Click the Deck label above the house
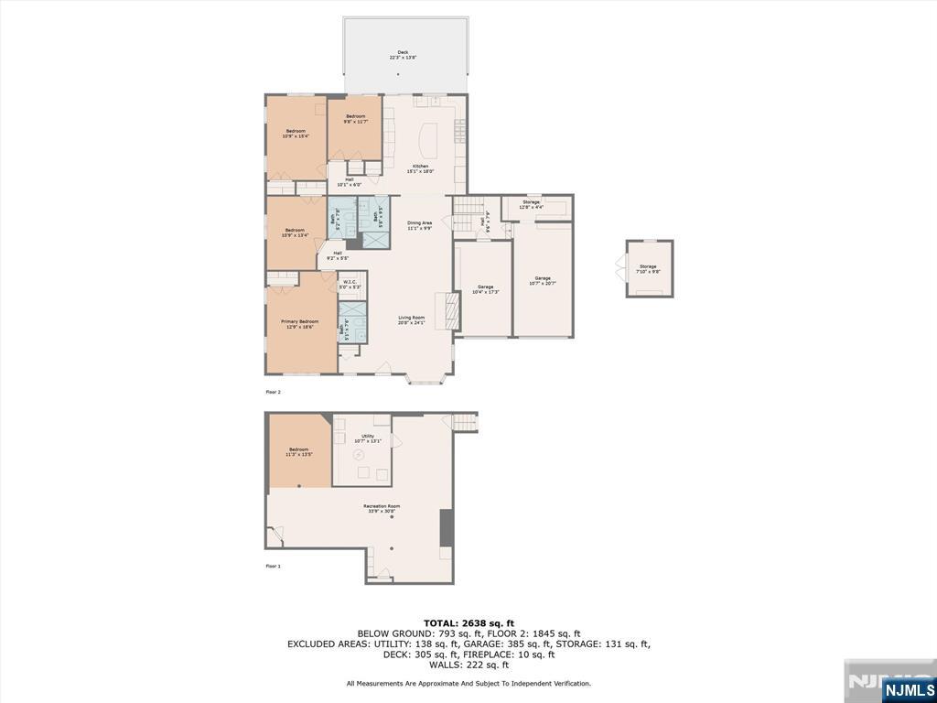pos(403,55)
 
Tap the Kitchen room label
pos(420,168)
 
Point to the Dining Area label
pos(420,225)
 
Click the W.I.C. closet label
pos(350,284)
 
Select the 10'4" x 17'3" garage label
pos(485,289)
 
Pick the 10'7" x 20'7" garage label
pos(543,281)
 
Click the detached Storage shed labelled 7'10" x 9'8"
pos(648,268)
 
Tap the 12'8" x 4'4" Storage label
pos(531,204)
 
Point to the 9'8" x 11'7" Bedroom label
pos(355,119)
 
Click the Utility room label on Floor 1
pos(367,438)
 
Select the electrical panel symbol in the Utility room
pos(359,454)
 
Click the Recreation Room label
pos(382,508)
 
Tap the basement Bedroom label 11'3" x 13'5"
pos(299,451)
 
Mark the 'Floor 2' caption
pos(273,392)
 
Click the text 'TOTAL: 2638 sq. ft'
pos(468,622)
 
